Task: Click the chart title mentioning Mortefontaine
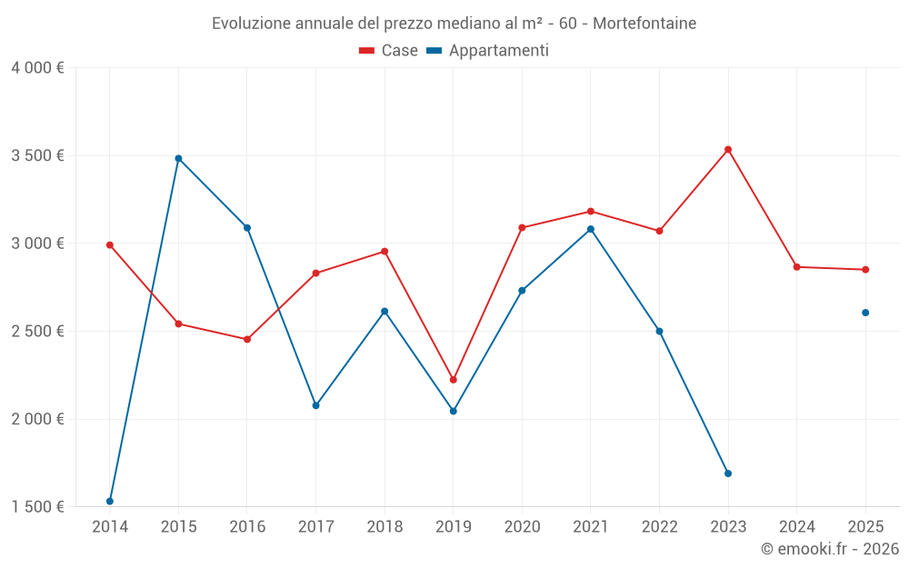coord(454,23)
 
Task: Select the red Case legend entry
coord(389,51)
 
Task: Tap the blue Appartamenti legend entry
coord(488,51)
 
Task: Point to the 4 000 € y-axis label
coord(37,68)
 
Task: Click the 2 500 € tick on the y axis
coord(37,332)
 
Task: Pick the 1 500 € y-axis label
coord(37,507)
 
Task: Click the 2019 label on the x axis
coord(453,526)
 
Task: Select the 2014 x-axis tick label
coord(110,526)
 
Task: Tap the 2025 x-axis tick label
coord(865,526)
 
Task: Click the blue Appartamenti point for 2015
coord(178,158)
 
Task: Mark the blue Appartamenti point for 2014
coord(110,501)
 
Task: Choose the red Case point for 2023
coord(728,149)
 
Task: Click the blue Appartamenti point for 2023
coord(728,473)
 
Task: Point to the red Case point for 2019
coord(454,380)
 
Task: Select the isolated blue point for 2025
coord(865,313)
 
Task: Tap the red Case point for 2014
coord(110,244)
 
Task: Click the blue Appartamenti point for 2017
coord(315,405)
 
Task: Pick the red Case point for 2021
coord(591,211)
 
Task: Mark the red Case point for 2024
coord(796,267)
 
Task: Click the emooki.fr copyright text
coord(829,549)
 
